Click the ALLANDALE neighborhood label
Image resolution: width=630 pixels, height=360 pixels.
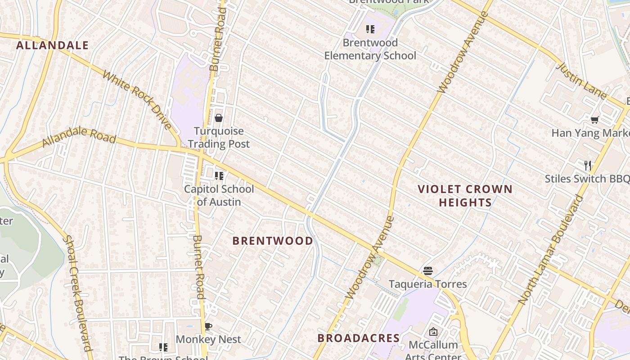[x=53, y=45]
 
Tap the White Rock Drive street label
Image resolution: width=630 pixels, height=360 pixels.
[x=137, y=100]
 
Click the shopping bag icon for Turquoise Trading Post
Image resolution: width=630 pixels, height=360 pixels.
[x=219, y=118]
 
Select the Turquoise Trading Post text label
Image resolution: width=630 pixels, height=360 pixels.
[x=219, y=138]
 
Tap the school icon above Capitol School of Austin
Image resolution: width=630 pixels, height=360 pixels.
[x=219, y=176]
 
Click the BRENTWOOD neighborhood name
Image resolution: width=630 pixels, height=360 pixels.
[x=273, y=241]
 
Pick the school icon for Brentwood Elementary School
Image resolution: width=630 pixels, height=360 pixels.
[x=370, y=30]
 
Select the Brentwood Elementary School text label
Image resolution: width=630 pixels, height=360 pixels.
[x=370, y=49]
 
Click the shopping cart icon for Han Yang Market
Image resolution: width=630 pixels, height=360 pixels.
[x=595, y=120]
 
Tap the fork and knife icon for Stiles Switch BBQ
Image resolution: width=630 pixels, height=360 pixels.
[x=587, y=165]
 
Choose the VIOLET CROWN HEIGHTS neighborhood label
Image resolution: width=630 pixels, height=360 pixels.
[x=465, y=196]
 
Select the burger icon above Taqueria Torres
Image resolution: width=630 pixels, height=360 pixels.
[x=428, y=271]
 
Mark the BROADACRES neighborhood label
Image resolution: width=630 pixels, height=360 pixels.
[x=359, y=338]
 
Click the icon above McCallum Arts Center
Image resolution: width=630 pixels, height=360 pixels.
[x=433, y=332]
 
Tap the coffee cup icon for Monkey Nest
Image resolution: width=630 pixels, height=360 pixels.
[x=208, y=326]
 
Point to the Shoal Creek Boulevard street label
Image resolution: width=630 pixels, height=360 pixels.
[x=79, y=292]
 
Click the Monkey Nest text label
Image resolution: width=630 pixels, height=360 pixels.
[x=208, y=339]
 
